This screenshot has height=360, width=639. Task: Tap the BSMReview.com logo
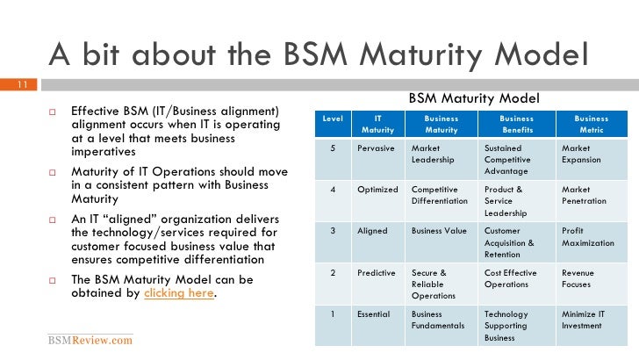90,340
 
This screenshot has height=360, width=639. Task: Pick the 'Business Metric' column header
591,124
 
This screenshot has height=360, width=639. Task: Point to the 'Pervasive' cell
376,148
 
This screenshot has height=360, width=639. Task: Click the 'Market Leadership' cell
433,155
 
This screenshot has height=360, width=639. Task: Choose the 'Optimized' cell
377,189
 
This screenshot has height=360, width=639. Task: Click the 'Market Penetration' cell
585,195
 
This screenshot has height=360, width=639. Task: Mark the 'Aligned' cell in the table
373,231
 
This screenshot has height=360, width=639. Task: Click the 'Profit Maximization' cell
589,237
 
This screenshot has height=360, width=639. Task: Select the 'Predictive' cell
377,273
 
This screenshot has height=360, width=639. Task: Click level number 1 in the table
333,313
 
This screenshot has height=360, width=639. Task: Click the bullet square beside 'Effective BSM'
52,112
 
